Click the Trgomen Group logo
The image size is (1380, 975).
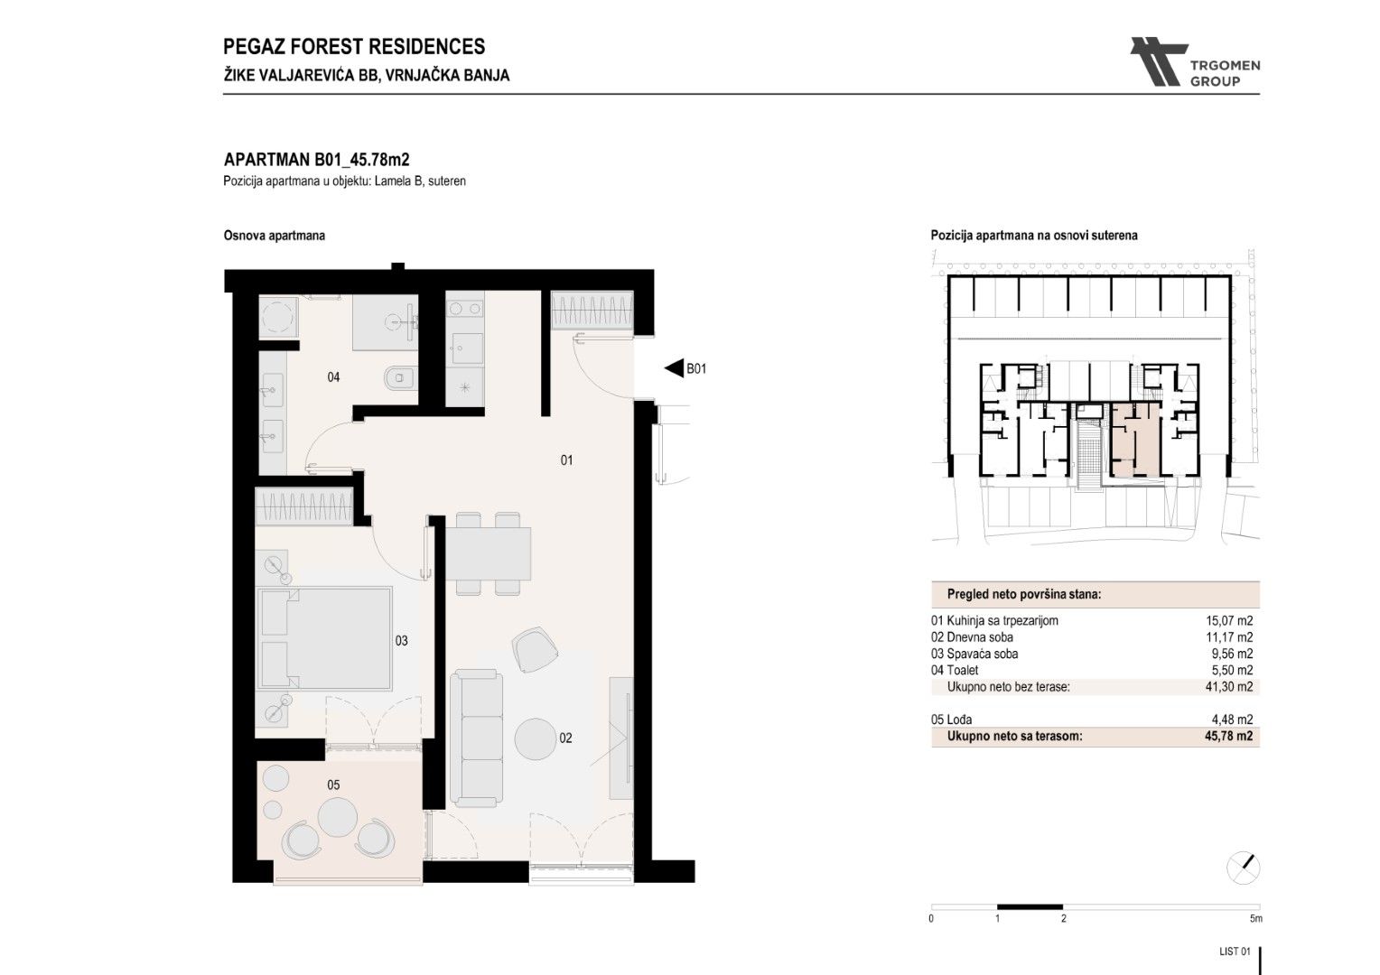(x=1195, y=62)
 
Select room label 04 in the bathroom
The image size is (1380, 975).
(x=333, y=377)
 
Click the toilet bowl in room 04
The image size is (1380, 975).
(x=400, y=378)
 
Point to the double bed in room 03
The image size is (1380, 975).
(x=324, y=638)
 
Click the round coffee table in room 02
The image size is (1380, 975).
(x=536, y=739)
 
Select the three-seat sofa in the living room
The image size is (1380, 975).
(x=476, y=738)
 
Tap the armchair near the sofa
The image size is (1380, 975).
(x=535, y=649)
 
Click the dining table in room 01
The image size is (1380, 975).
(x=488, y=553)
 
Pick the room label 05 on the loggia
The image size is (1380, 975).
(x=333, y=785)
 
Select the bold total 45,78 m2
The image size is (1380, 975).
(x=1228, y=736)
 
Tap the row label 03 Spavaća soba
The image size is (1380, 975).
(x=974, y=655)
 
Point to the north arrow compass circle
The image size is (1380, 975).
(x=1243, y=868)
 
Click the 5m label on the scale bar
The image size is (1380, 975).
(x=1255, y=918)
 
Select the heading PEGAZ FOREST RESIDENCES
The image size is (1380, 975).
(x=354, y=47)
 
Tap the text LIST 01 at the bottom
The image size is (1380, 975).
(x=1235, y=952)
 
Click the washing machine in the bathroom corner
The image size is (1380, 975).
(x=278, y=317)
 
